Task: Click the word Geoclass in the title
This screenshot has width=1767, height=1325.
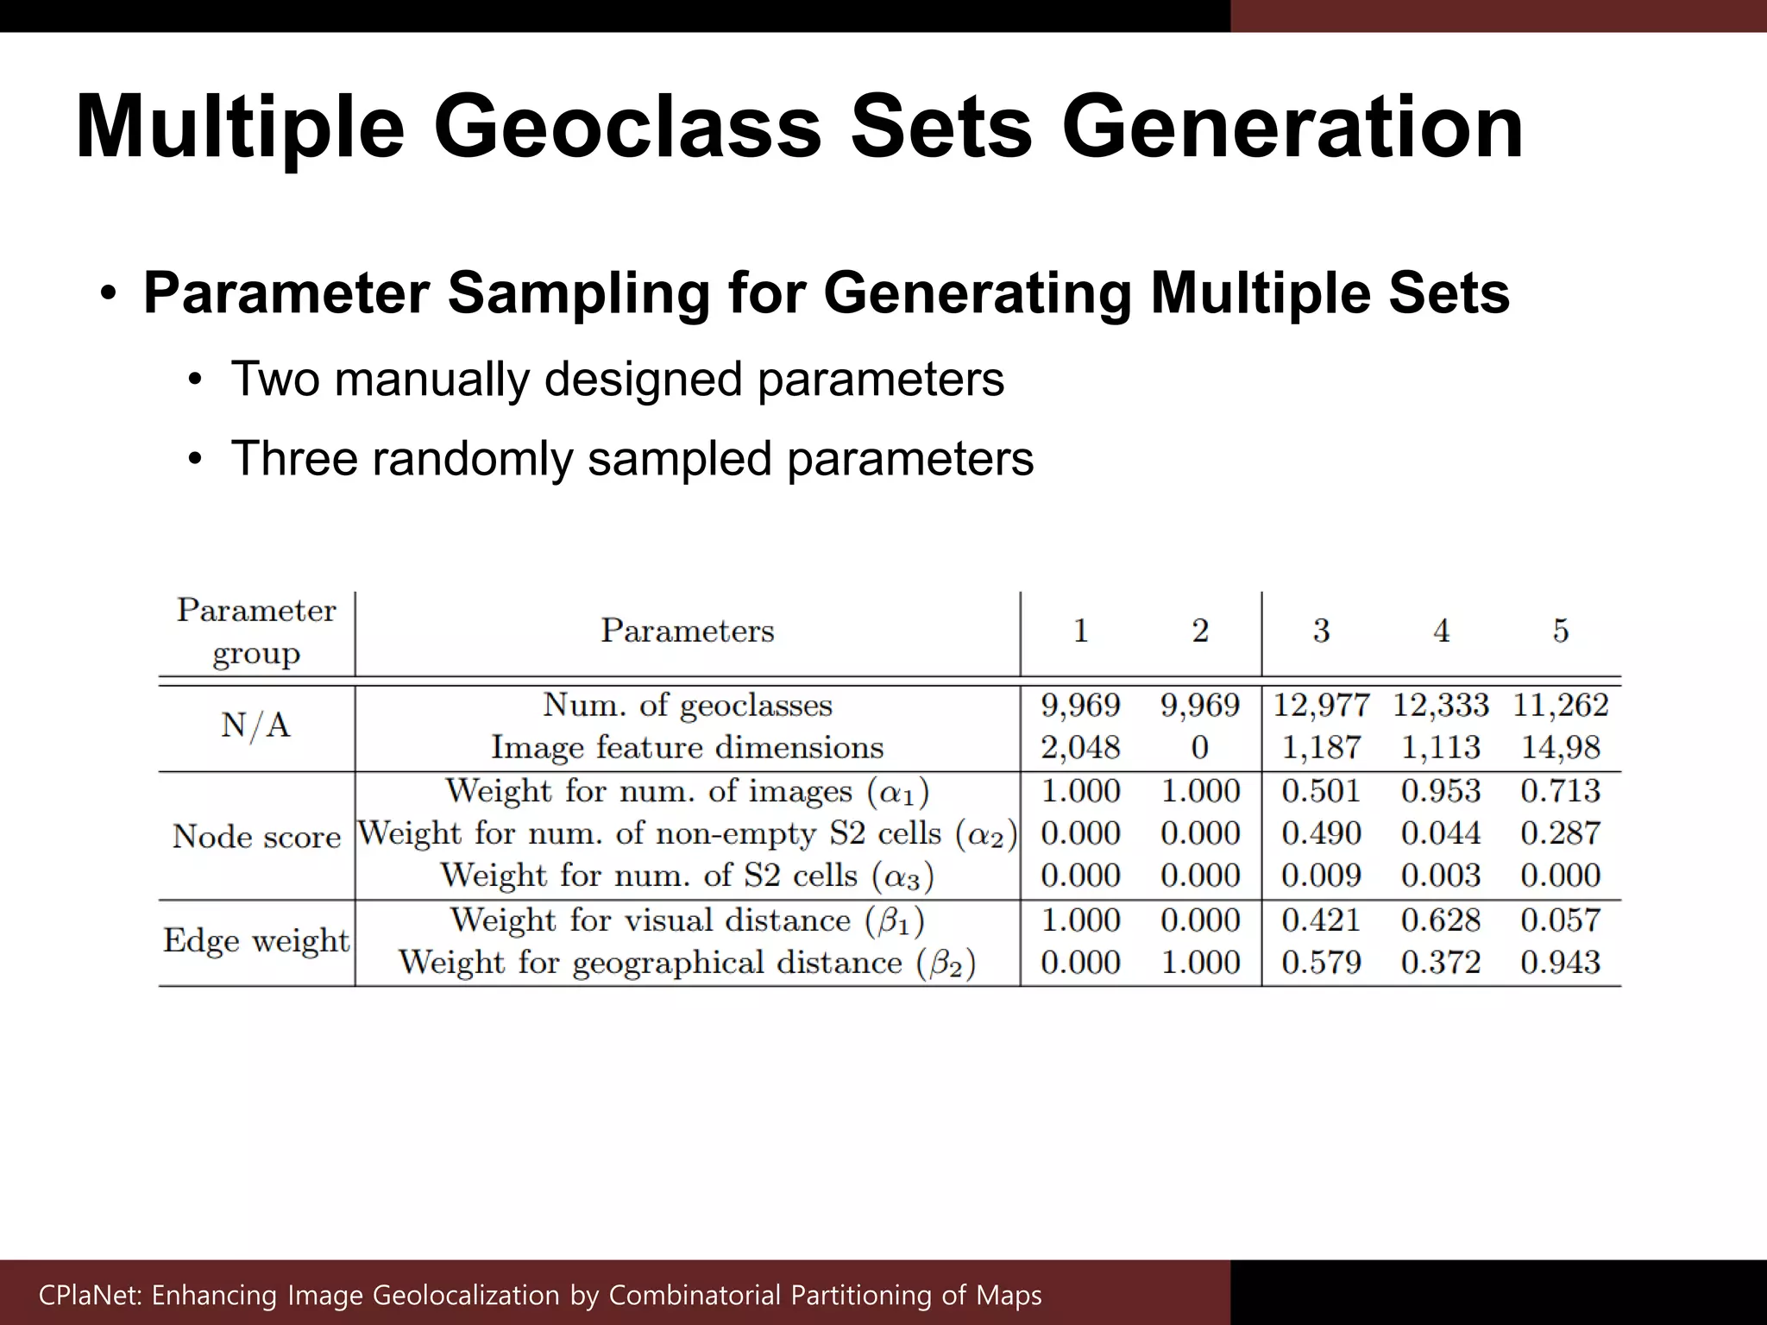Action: pyautogui.click(x=627, y=129)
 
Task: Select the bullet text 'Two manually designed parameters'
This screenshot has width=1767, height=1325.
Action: pyautogui.click(x=617, y=380)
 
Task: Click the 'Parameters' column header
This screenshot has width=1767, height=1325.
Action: pyautogui.click(x=687, y=631)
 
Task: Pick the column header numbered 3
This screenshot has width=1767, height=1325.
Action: pyautogui.click(x=1321, y=631)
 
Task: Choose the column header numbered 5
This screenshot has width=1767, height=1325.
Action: pyautogui.click(x=1560, y=631)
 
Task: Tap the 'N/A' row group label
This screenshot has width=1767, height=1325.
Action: pyautogui.click(x=255, y=726)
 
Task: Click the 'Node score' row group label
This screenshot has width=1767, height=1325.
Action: pyautogui.click(x=256, y=837)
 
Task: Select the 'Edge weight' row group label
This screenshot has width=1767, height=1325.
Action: pyautogui.click(x=256, y=941)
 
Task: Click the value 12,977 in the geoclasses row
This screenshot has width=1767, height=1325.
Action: pyautogui.click(x=1321, y=706)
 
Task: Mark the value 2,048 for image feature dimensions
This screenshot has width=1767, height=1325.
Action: pyautogui.click(x=1080, y=748)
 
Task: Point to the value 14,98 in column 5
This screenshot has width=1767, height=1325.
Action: pyautogui.click(x=1560, y=748)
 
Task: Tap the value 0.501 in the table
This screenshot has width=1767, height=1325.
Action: pyautogui.click(x=1321, y=791)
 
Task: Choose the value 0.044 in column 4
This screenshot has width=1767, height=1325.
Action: pyautogui.click(x=1441, y=833)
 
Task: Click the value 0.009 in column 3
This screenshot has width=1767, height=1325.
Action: pyautogui.click(x=1321, y=876)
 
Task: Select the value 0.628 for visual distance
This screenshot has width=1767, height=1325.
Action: pyautogui.click(x=1441, y=920)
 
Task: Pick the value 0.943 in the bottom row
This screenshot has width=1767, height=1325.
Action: pyautogui.click(x=1560, y=963)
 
